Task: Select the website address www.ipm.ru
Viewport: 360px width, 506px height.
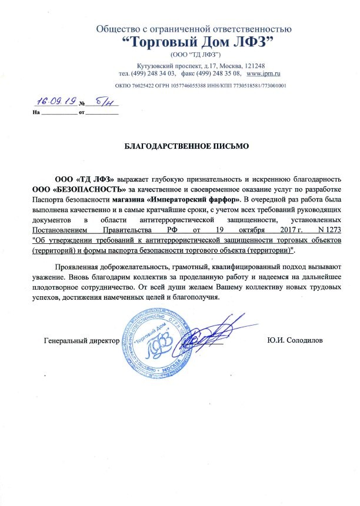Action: [263, 73]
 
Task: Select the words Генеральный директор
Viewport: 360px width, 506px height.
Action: [82, 341]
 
